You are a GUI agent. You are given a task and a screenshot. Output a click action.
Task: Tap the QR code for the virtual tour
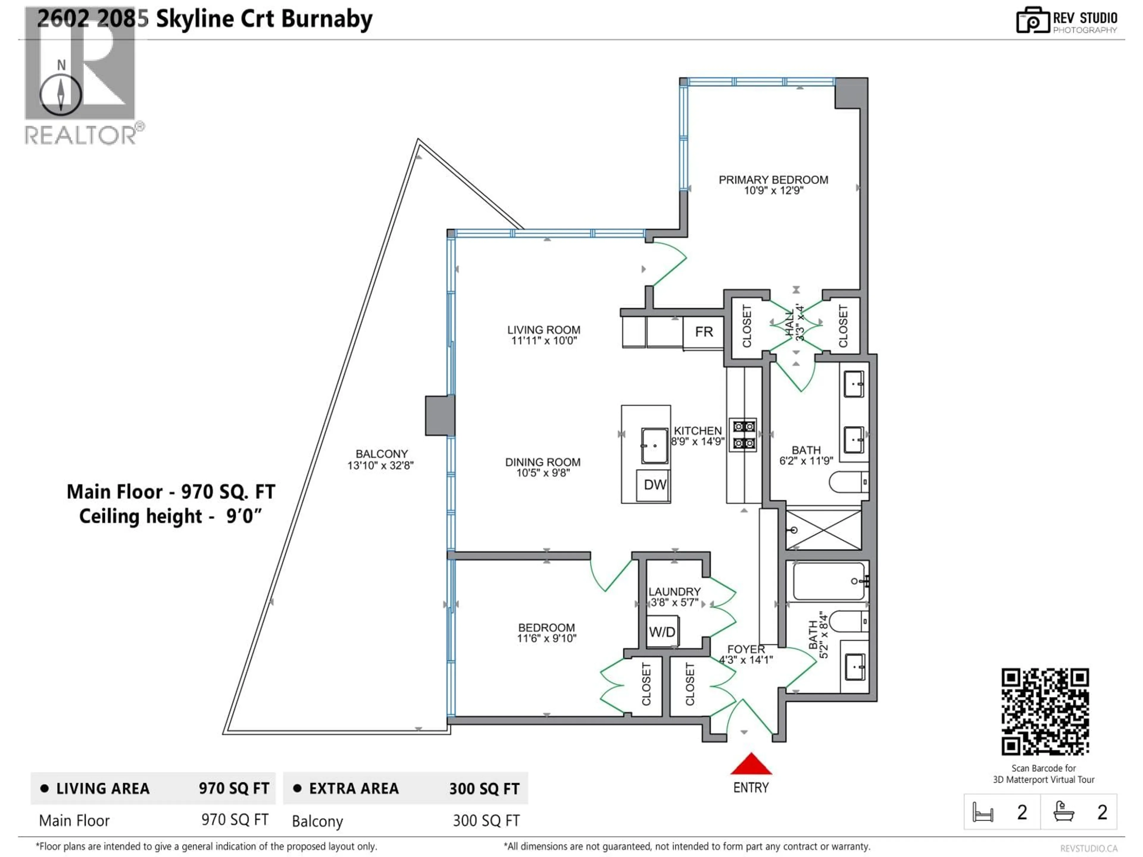click(1045, 711)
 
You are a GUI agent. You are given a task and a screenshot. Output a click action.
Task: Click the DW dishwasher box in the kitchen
click(654, 485)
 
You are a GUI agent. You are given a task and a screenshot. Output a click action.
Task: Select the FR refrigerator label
click(704, 332)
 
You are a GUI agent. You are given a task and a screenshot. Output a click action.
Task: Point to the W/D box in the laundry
click(662, 632)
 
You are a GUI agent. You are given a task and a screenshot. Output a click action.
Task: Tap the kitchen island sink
click(654, 445)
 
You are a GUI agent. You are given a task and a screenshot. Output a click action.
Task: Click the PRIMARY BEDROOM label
click(773, 180)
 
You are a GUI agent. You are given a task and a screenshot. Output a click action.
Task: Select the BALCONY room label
click(381, 454)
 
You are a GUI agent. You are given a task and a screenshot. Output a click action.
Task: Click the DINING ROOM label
click(543, 462)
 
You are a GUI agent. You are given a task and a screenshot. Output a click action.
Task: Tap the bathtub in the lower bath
click(828, 581)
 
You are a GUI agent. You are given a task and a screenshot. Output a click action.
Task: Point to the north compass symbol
click(61, 95)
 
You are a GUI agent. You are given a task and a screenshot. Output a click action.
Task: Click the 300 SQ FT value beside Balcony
click(486, 821)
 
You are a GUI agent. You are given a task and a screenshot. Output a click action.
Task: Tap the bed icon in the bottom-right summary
click(982, 813)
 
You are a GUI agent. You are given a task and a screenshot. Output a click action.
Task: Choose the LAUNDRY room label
click(674, 592)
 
